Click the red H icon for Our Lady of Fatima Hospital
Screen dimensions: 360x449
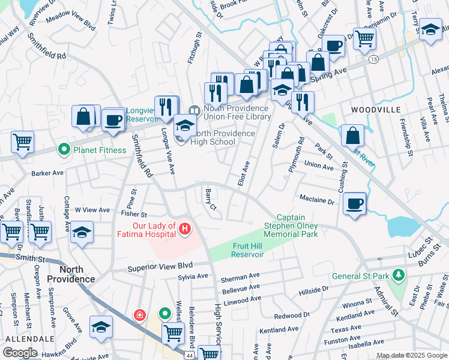[x=185, y=229]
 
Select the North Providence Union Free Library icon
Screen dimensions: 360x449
[x=194, y=110]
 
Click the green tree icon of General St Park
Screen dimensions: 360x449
[x=397, y=275]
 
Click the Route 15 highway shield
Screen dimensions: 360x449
[x=373, y=59]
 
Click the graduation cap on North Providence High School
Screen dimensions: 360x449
[x=185, y=126]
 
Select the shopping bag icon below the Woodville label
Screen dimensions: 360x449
[x=352, y=136]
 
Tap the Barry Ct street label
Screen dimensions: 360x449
[x=209, y=199]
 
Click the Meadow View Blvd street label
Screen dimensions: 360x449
[x=71, y=23]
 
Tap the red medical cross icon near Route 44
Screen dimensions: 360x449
[x=139, y=314]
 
